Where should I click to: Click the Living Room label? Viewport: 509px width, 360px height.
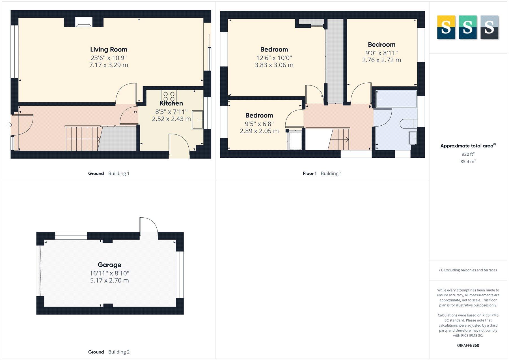click(109, 50)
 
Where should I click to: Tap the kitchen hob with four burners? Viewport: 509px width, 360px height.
click(169, 96)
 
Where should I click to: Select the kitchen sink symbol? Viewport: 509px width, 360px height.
click(198, 120)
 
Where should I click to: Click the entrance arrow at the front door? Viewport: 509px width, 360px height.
click(9, 125)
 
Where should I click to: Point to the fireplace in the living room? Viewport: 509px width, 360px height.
click(83, 22)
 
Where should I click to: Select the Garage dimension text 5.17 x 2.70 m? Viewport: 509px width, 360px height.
click(109, 280)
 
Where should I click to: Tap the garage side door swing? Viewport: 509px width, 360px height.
click(148, 225)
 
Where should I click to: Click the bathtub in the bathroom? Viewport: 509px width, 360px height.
click(396, 99)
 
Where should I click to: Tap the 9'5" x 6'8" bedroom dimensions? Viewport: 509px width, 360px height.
click(259, 124)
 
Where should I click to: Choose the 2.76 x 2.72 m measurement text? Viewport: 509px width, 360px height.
click(381, 60)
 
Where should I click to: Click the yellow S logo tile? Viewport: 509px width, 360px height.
click(446, 27)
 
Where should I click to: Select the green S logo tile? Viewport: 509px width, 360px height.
click(467, 27)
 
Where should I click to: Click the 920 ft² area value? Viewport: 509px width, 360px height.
click(468, 154)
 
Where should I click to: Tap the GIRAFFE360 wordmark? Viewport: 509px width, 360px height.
click(468, 345)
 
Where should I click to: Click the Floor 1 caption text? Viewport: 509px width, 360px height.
click(310, 173)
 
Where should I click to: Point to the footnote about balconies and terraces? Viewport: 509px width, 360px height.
click(468, 270)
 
